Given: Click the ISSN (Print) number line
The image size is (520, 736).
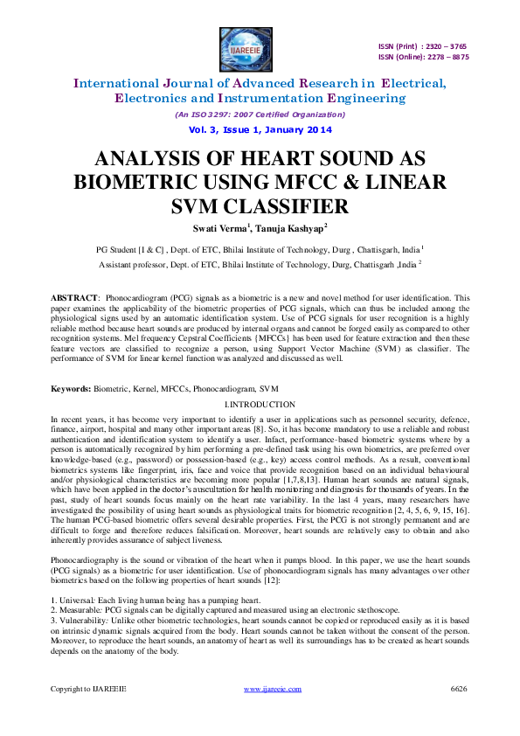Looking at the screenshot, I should click(x=423, y=46).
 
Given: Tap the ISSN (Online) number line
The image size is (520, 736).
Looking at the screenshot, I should click(x=423, y=57).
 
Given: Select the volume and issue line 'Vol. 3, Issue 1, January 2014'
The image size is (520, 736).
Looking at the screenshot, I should click(x=259, y=128).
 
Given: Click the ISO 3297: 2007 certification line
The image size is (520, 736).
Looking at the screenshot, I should click(x=259, y=115).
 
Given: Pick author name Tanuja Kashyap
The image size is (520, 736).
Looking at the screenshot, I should click(x=293, y=228).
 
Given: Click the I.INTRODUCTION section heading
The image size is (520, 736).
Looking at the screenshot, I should click(x=260, y=405).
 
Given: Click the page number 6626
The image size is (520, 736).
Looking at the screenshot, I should click(x=459, y=689).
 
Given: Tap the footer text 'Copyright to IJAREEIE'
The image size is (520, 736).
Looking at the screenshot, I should click(x=87, y=689).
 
